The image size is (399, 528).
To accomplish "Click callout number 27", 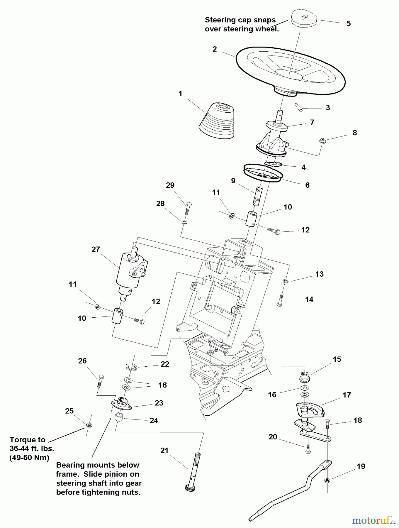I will click(x=96, y=249).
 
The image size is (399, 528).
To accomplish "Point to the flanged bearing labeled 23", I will click(x=122, y=403).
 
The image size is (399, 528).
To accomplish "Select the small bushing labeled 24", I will click(x=119, y=417).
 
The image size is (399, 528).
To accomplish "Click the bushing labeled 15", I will click(x=305, y=376).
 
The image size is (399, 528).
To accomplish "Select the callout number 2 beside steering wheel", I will click(x=215, y=49).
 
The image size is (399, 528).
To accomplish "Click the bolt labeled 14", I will click(x=280, y=300).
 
